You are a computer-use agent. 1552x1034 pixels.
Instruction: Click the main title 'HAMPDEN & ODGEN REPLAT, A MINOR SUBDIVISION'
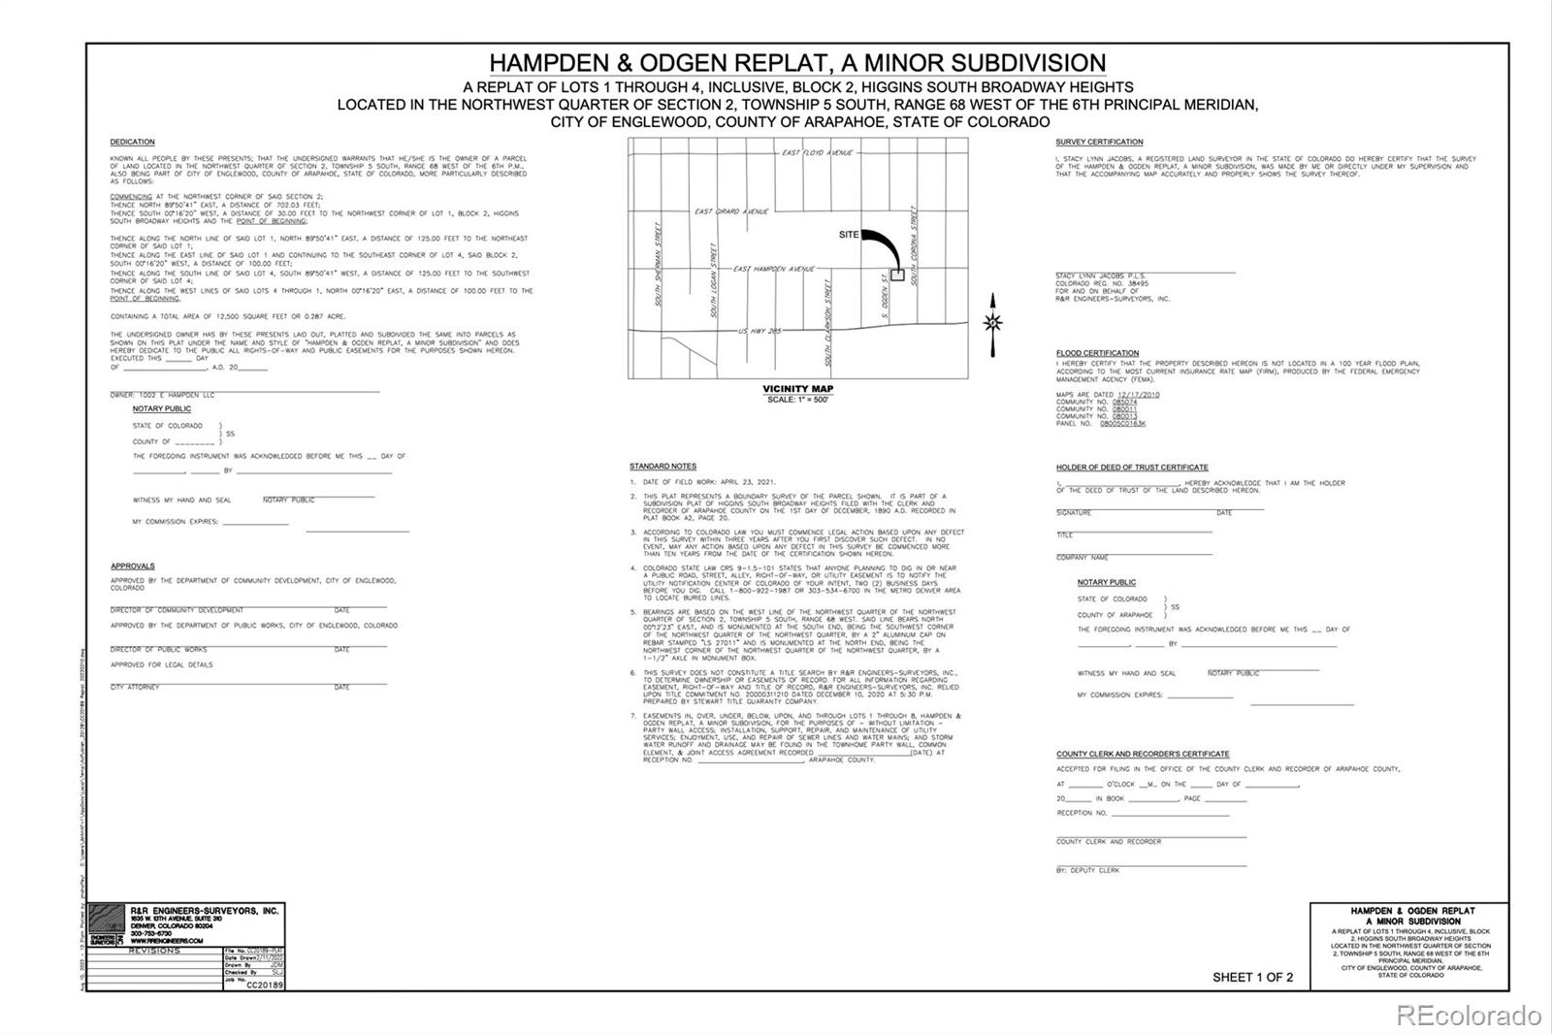[797, 63]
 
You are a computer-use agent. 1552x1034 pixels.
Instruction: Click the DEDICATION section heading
[132, 143]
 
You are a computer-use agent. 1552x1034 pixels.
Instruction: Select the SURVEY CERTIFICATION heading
[1099, 143]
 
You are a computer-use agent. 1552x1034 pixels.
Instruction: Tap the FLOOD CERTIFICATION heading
[1097, 353]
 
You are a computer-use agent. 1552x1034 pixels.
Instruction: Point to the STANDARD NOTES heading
[663, 467]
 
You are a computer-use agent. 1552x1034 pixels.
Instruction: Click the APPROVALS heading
[132, 565]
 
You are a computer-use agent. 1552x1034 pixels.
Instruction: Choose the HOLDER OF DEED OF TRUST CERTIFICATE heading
[1132, 468]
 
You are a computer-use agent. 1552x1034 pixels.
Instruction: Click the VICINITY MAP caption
[797, 389]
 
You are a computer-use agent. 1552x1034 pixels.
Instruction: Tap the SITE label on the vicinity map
[849, 235]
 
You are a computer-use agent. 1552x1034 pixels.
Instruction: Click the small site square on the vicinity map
[897, 275]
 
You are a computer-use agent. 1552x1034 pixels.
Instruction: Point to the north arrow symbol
[992, 323]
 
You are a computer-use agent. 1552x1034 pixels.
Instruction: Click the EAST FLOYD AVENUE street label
[817, 153]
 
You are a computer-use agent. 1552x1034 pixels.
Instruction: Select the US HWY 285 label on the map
[760, 331]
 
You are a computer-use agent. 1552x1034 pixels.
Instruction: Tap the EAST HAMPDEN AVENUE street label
[773, 269]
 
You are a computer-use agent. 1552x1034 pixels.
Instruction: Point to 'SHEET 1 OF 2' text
[1252, 977]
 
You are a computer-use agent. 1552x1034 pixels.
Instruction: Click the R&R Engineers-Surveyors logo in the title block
[107, 923]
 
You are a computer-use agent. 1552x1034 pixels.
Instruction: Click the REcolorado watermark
[1468, 1016]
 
